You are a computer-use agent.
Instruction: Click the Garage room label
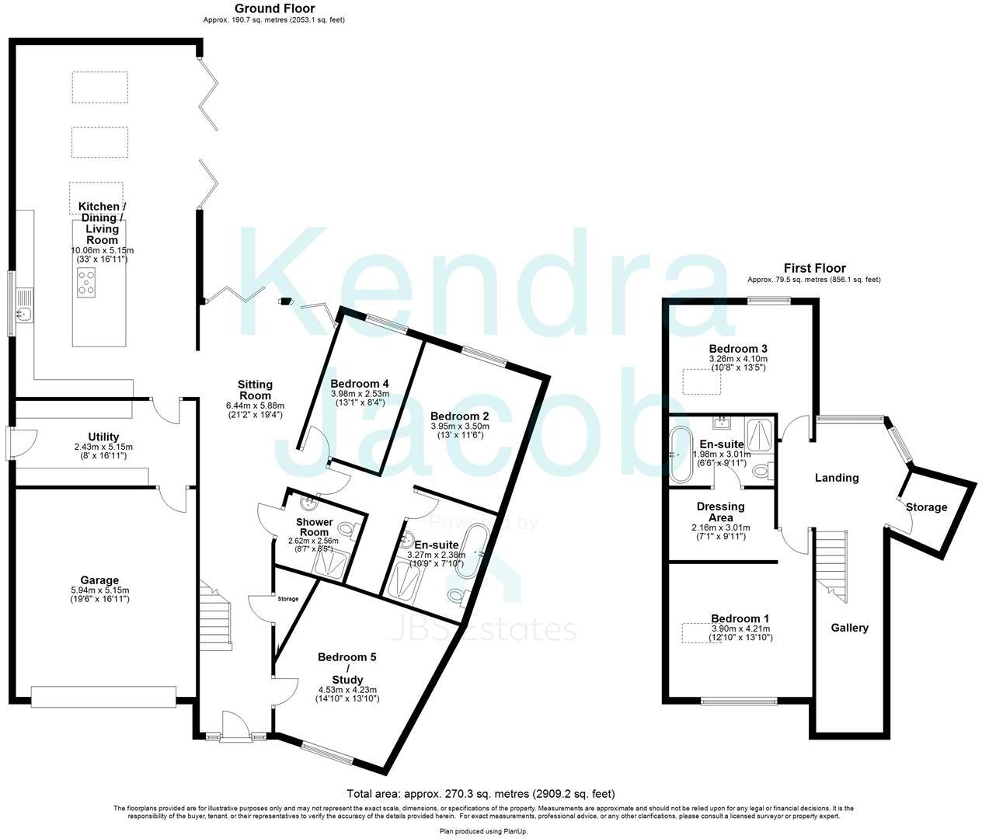(x=99, y=580)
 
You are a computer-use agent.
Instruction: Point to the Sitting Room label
(x=255, y=390)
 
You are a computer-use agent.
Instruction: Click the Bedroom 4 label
(x=359, y=384)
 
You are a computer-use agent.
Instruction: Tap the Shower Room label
(x=315, y=527)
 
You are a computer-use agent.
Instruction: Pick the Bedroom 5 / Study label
(x=347, y=668)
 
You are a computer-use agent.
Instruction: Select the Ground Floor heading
(x=274, y=9)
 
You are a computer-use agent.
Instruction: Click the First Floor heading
(x=814, y=268)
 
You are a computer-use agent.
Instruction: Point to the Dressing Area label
(x=720, y=513)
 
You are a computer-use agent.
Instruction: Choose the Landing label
(x=837, y=478)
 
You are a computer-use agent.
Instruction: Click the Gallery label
(x=850, y=628)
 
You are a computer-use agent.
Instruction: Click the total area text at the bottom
(x=480, y=794)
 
